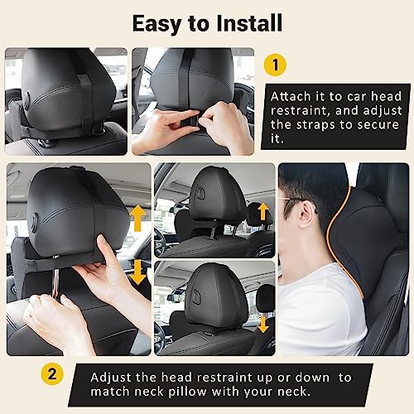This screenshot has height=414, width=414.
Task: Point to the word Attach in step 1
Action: pos(292,95)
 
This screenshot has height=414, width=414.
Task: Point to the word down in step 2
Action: pos(313,378)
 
